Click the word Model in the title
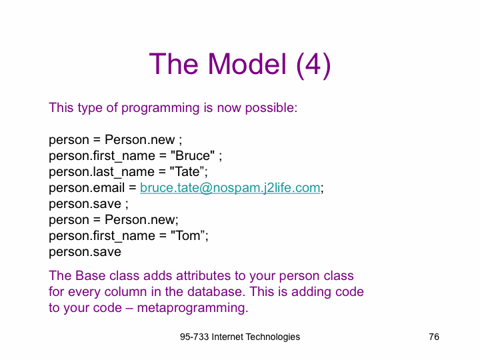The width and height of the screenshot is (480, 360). pos(247,64)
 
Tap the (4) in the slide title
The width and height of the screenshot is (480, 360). pos(313,65)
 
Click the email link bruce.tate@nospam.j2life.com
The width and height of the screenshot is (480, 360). pos(230,187)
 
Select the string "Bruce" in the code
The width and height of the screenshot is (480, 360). pos(193,155)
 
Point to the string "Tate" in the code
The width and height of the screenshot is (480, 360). pos(187,171)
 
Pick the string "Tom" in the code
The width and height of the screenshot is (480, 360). pos(187,236)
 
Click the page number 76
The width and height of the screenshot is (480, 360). pos(434,337)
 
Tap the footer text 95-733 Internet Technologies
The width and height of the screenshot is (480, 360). pos(240,337)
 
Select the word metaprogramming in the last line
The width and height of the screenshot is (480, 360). pos(193,308)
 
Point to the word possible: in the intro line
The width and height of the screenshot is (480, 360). pos(271,108)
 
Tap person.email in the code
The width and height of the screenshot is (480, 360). pos(87,187)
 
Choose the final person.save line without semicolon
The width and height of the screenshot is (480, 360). pos(85,252)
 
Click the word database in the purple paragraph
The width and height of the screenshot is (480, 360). pos(217,291)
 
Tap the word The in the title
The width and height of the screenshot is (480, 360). pos(173,64)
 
